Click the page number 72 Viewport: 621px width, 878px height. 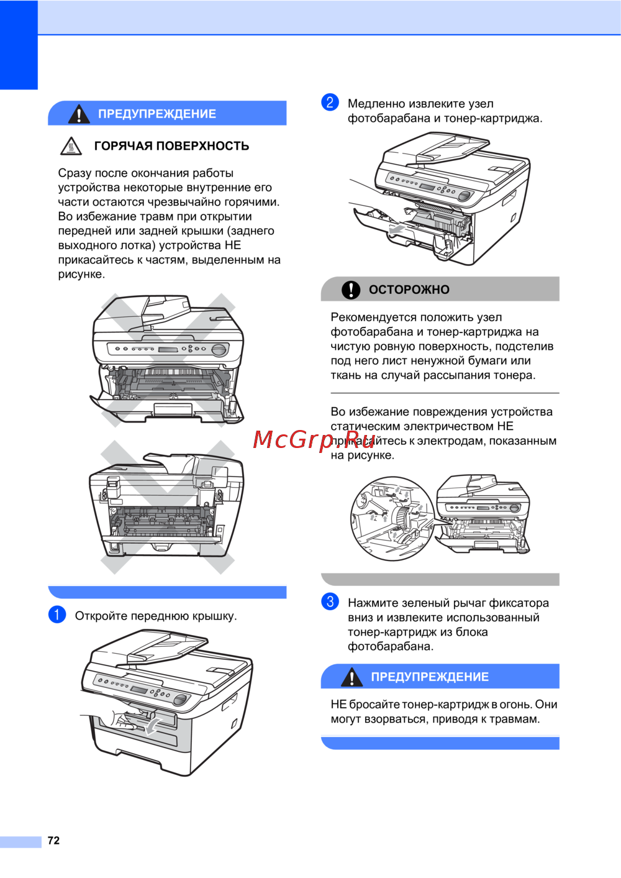click(53, 841)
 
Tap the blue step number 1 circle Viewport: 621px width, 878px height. click(57, 615)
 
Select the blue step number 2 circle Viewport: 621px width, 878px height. click(330, 103)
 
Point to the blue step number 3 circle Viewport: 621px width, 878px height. click(330, 601)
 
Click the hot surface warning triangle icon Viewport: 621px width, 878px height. click(71, 146)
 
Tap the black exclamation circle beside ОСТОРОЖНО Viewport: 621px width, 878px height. click(351, 290)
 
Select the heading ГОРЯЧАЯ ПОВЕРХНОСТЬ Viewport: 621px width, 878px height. click(171, 146)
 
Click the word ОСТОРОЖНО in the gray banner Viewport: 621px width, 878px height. click(409, 290)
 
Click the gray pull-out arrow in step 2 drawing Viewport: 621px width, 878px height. click(396, 229)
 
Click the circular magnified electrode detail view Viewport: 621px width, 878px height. click(392, 518)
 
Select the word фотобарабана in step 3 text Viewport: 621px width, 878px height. click(391, 646)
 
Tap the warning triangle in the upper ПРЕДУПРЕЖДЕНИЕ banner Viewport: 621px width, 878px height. click(79, 114)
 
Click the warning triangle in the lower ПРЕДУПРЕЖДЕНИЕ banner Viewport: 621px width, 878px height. click(352, 677)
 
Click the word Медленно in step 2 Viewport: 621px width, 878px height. click(376, 104)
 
